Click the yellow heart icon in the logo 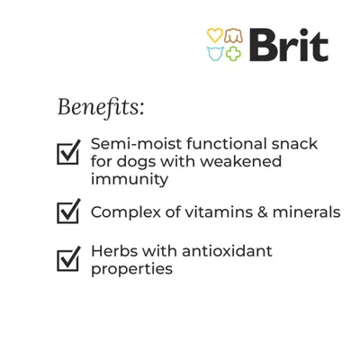[x=214, y=35]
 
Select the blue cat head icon [x=214, y=53]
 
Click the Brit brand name [x=288, y=45]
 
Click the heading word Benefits [x=100, y=107]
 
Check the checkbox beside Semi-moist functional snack [x=68, y=152]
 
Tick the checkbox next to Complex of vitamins [x=68, y=212]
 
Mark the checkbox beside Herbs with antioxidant [x=68, y=259]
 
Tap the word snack [x=295, y=144]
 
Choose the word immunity [x=130, y=179]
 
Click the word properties [x=131, y=268]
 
